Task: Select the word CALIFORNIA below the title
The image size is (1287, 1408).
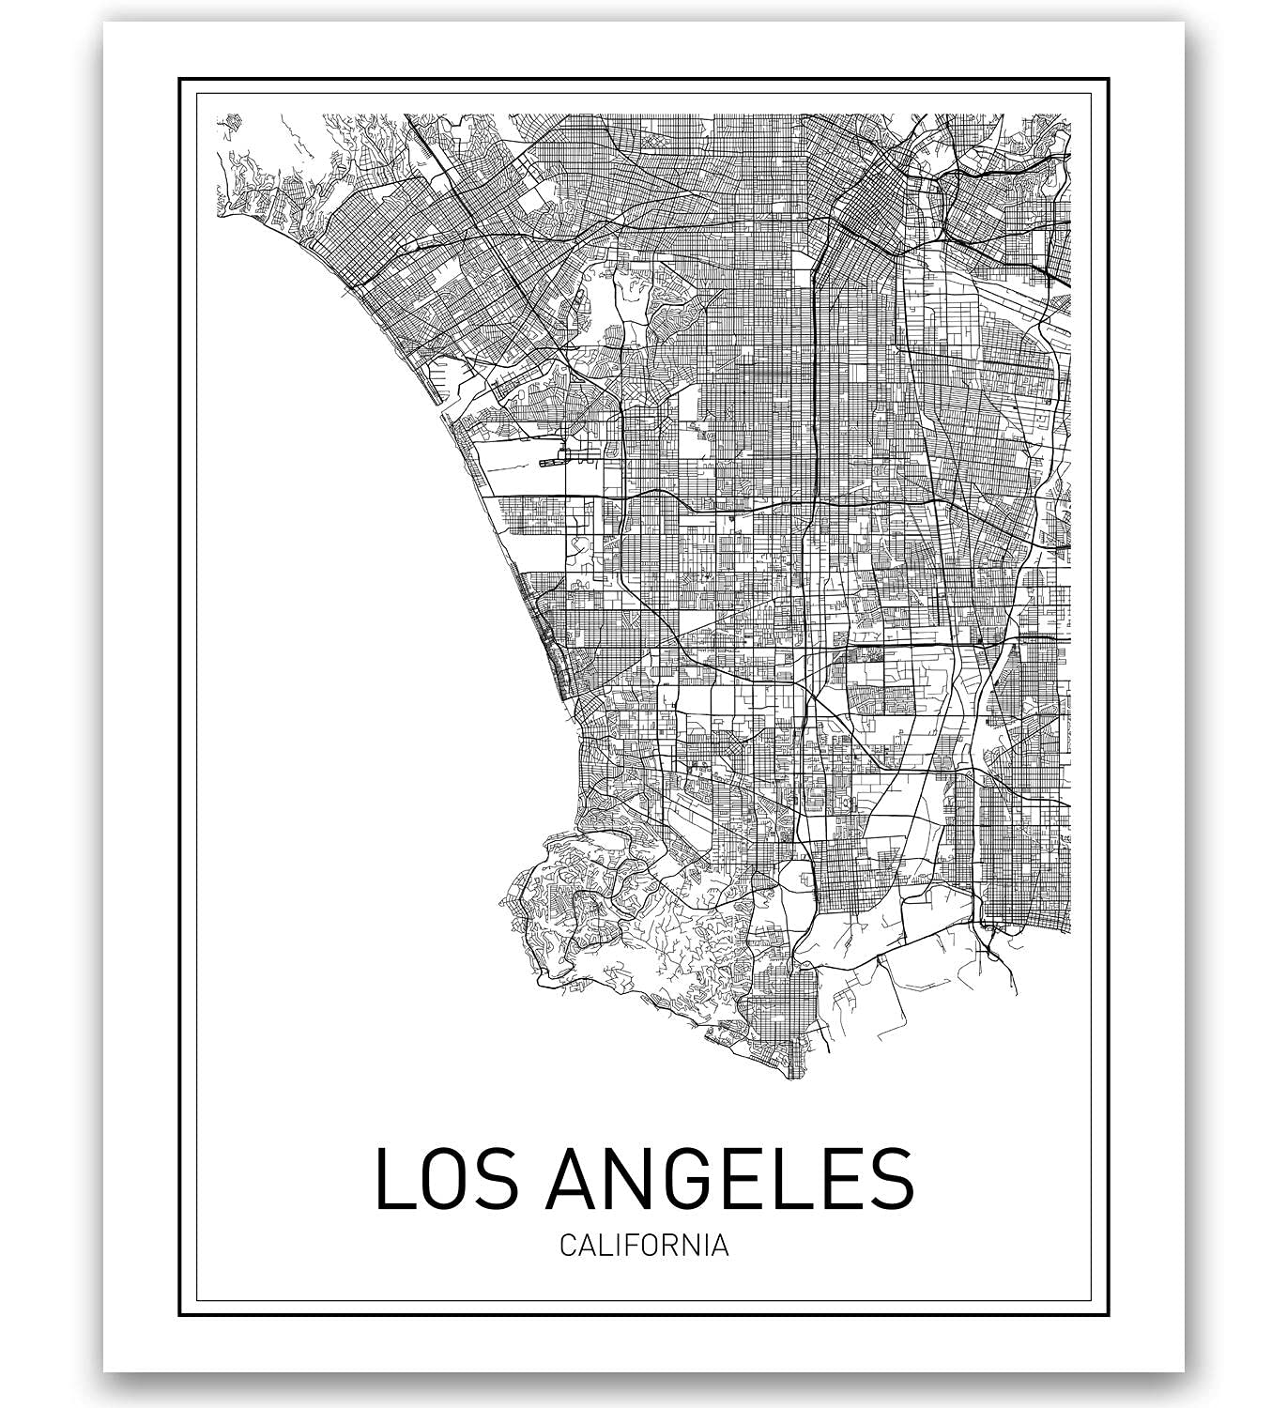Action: coord(644,1246)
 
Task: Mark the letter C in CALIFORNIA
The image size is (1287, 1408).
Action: coord(568,1246)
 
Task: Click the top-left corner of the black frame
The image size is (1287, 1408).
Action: coord(179,79)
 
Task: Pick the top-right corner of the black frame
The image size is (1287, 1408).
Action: coord(1109,79)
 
